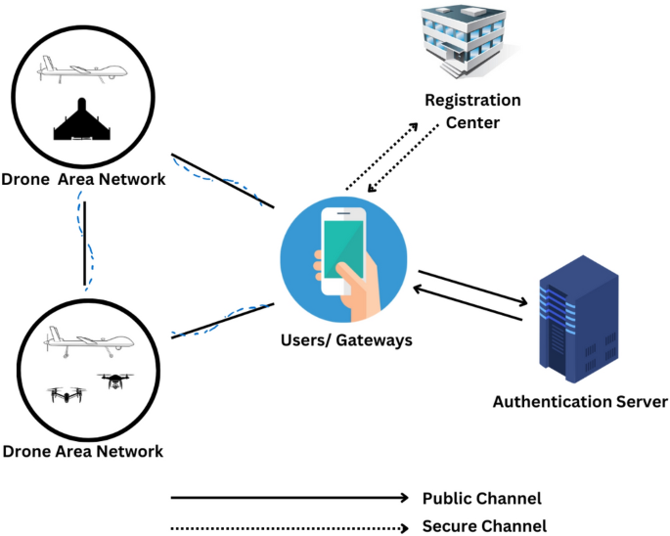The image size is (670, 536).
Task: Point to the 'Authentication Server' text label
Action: point(580,401)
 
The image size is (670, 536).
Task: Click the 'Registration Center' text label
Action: point(472,112)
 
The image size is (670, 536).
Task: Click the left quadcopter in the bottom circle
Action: point(67,394)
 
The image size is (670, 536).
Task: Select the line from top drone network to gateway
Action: point(222,180)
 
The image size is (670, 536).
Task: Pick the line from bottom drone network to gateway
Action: point(222,320)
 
